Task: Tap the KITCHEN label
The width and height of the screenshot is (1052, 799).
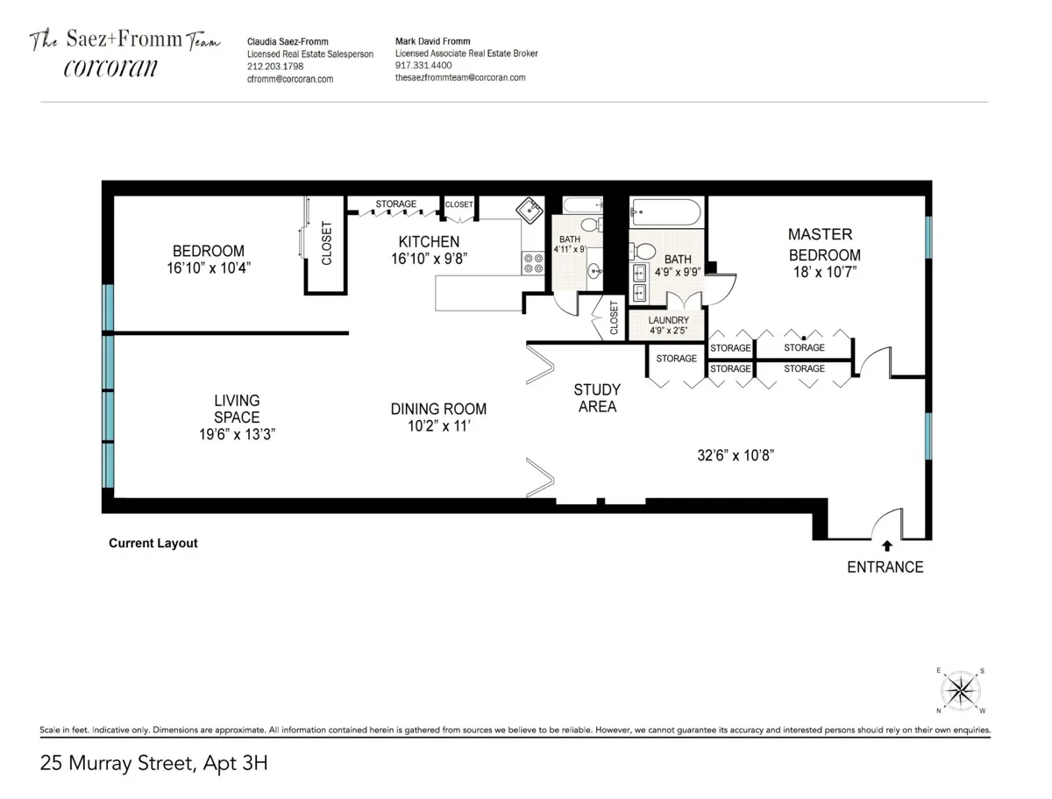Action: (x=429, y=242)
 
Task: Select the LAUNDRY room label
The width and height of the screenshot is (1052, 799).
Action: (x=668, y=321)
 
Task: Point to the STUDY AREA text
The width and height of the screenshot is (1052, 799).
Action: (x=596, y=398)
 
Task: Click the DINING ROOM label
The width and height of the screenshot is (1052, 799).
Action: (x=438, y=409)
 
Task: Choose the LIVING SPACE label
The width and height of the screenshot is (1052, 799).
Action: (x=237, y=410)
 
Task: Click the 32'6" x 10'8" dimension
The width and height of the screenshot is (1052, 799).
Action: (x=736, y=455)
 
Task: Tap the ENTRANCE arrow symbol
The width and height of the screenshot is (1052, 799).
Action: (x=887, y=546)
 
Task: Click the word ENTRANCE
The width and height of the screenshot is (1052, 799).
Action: (x=885, y=567)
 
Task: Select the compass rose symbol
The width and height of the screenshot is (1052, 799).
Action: (x=962, y=690)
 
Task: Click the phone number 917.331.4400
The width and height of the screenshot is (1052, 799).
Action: (x=423, y=65)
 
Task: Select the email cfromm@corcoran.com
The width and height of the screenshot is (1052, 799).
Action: (x=290, y=78)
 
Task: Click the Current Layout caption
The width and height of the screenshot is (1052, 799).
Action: (x=153, y=544)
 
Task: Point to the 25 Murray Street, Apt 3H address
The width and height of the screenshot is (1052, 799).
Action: (x=153, y=763)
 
